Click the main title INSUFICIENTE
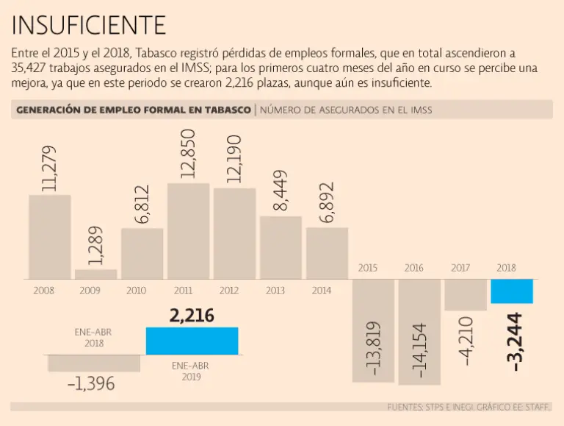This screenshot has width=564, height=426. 89,25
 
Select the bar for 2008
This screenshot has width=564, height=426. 50,237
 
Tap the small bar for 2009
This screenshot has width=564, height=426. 95,274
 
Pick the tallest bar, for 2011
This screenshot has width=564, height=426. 189,231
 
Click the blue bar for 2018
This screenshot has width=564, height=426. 511,291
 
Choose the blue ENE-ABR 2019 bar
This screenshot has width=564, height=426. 192,341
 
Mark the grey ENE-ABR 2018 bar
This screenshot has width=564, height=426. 94,363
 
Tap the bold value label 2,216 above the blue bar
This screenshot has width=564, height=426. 192,316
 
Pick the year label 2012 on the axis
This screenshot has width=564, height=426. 229,290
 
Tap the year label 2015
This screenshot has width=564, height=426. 368,268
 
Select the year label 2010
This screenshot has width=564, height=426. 137,290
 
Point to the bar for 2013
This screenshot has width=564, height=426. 281,247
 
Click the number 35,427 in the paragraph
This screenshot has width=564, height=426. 29,68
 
